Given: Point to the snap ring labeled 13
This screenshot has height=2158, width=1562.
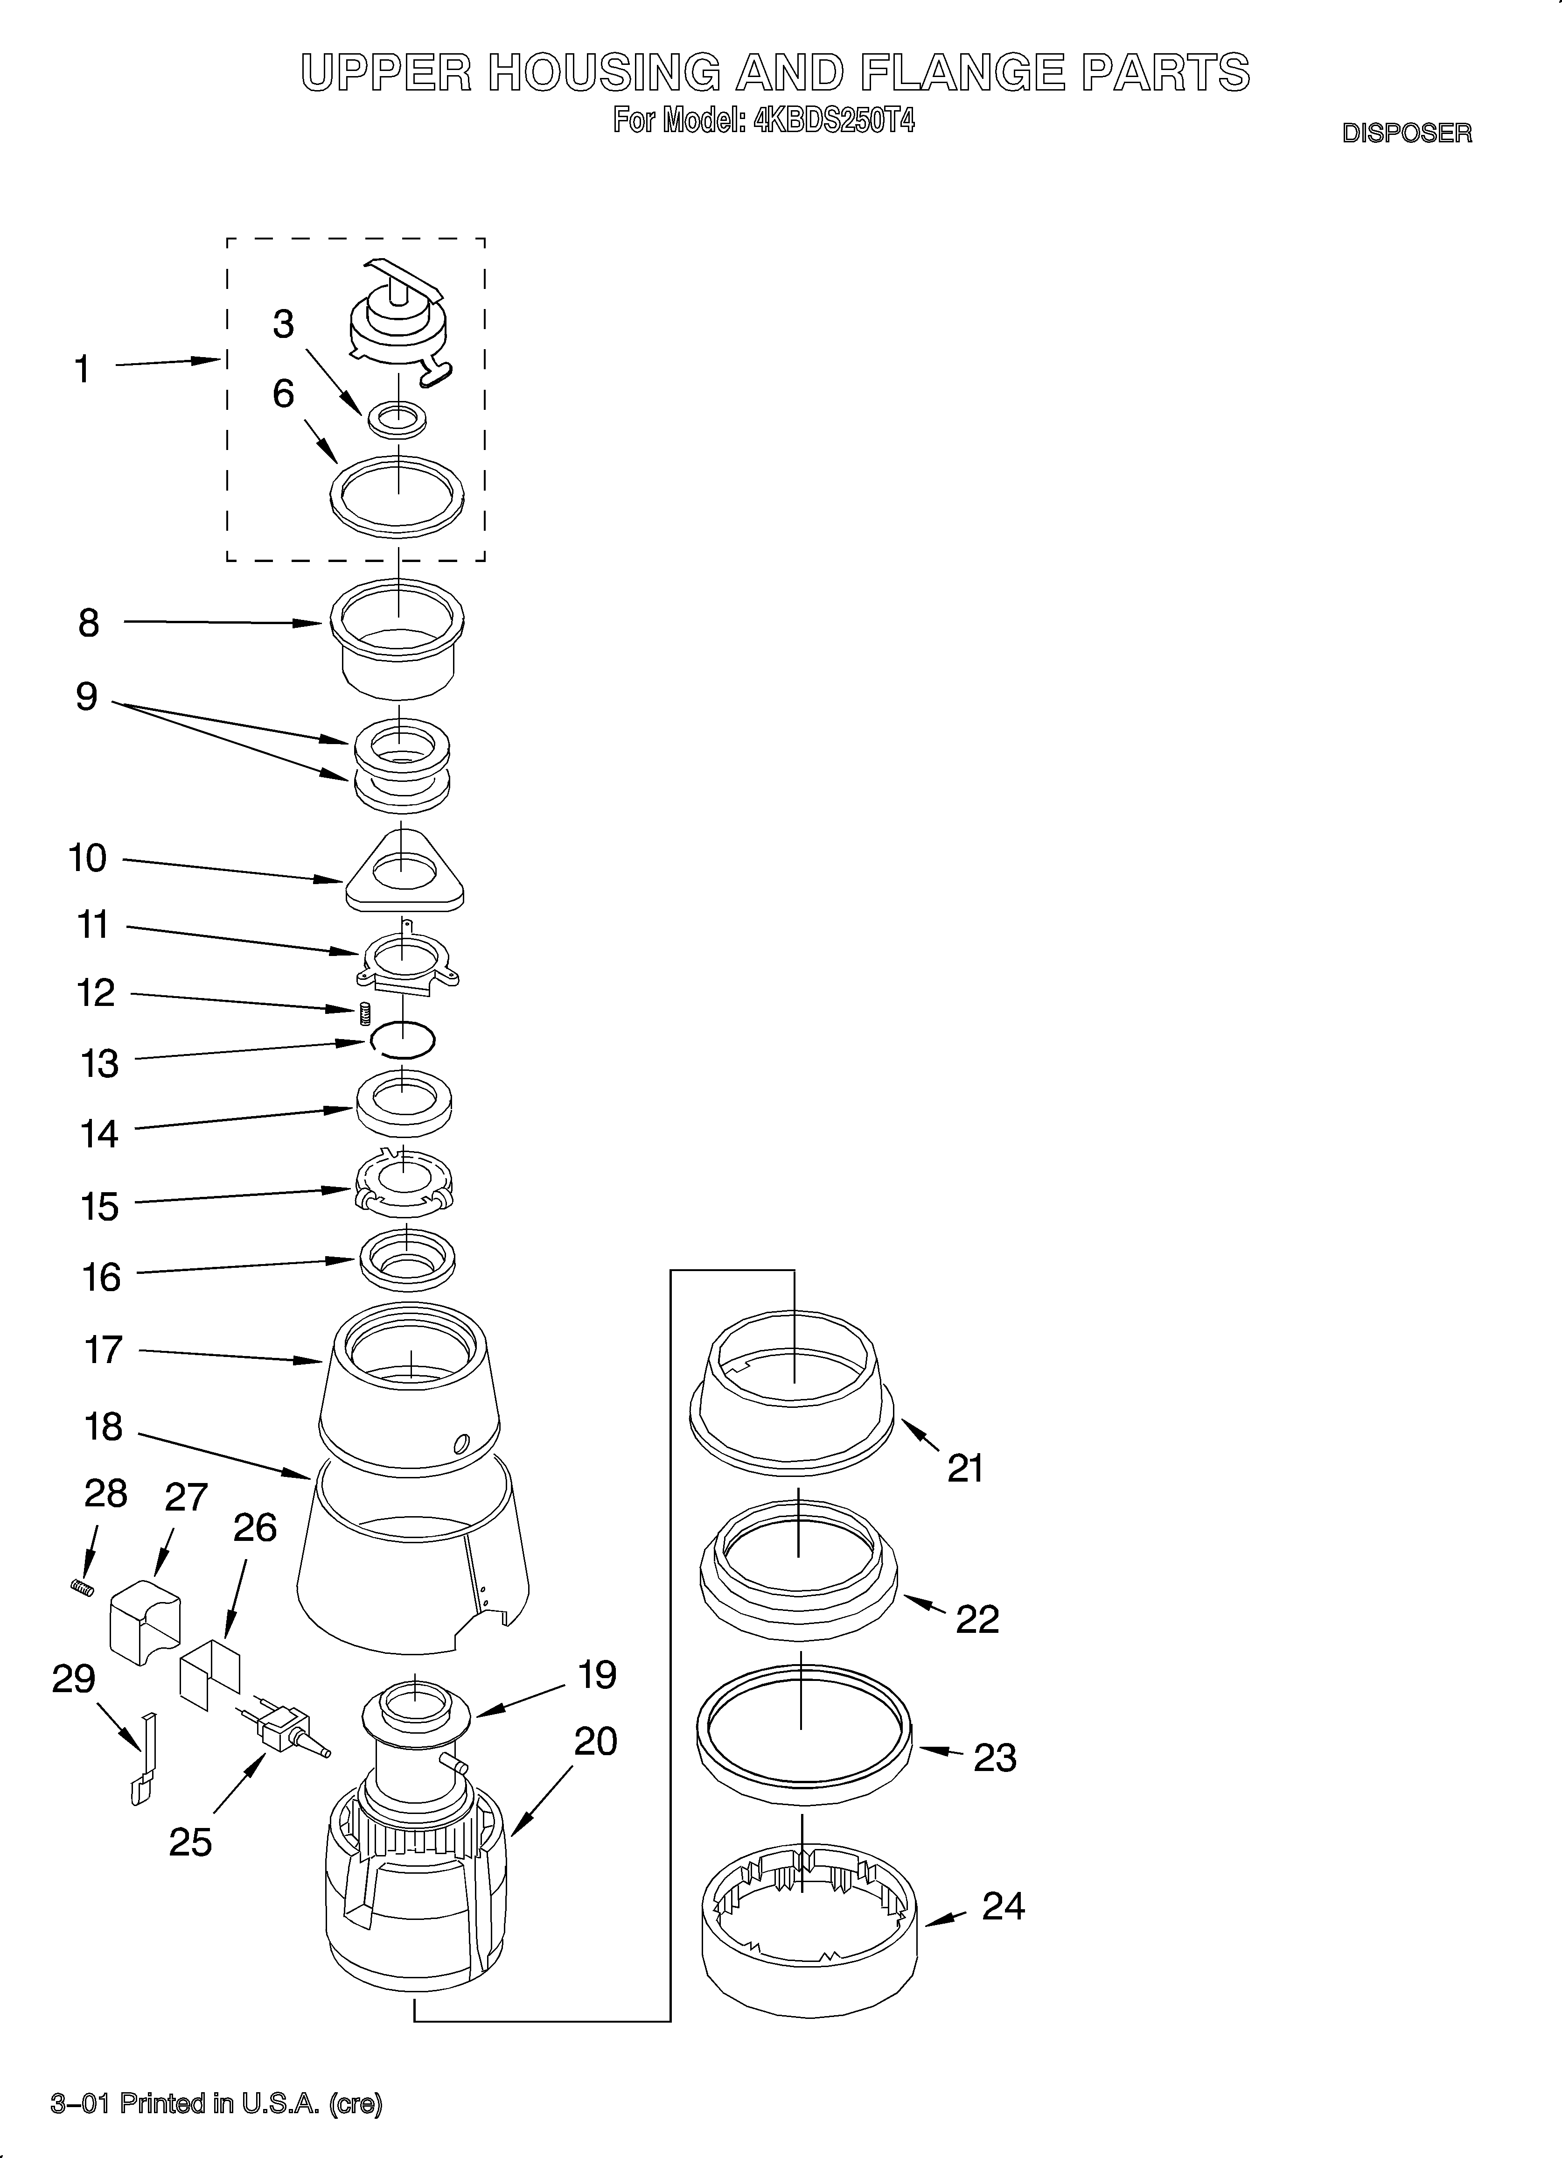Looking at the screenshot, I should (x=404, y=1039).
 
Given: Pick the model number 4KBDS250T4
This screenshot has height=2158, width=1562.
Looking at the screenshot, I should (x=833, y=121).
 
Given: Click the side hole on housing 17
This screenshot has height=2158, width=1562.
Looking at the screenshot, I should (x=461, y=1443).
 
